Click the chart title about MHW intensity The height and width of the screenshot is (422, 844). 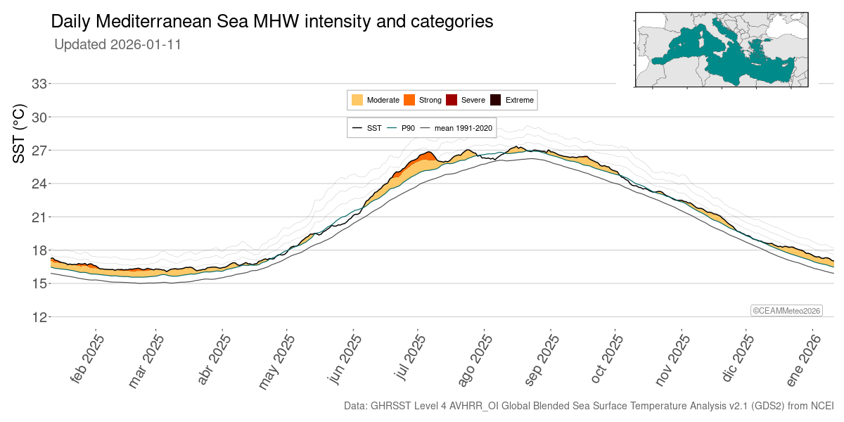point(272,22)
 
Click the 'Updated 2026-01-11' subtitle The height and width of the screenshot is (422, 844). point(118,44)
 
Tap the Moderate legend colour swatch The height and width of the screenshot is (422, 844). point(357,100)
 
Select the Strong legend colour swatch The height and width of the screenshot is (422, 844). point(409,100)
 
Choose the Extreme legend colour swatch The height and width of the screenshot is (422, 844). point(496,100)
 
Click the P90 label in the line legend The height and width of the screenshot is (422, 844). point(408,128)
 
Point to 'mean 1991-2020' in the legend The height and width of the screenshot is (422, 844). point(463,128)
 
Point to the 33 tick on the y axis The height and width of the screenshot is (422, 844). point(39,84)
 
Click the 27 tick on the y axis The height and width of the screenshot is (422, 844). point(39,150)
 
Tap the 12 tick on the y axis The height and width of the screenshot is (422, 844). point(39,317)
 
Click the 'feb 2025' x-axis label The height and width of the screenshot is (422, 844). point(88,359)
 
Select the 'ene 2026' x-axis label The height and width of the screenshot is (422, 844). point(803,359)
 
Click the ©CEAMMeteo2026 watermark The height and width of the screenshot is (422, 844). point(786,311)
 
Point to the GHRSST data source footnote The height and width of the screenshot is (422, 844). point(588,407)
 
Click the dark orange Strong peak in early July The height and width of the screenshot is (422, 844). point(426,158)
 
